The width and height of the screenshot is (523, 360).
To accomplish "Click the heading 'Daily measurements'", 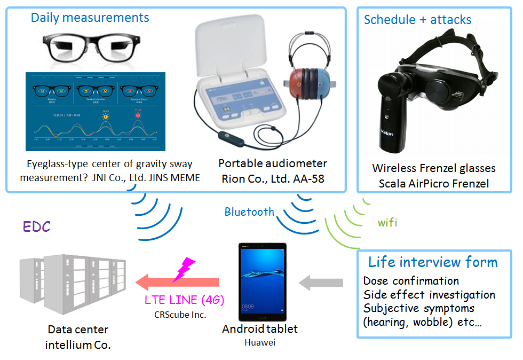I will pos(90,18).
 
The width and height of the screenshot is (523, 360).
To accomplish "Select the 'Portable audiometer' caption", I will pos(273,163).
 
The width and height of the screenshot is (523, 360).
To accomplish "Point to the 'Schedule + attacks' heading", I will pos(417,20).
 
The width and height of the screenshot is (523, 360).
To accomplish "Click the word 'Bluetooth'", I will pos(249,212).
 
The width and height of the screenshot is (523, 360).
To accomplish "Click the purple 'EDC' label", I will pos(36,226).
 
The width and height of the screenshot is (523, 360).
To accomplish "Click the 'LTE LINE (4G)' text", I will pos(185,300).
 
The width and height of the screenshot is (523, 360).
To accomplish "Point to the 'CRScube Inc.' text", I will pos(185,315).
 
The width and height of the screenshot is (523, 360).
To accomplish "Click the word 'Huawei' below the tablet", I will pos(260,342).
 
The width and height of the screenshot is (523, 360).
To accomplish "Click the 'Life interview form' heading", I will pos(433,263).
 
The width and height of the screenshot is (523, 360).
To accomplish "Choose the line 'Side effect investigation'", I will pos(429,294).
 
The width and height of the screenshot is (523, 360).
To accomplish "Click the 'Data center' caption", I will pos(78,330).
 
